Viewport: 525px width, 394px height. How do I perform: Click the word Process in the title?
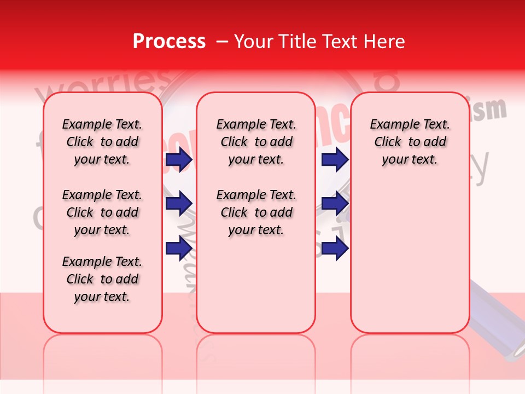click(x=169, y=42)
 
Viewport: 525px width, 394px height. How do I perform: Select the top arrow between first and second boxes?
click(x=179, y=160)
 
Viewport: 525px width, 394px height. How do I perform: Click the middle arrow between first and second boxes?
click(x=179, y=204)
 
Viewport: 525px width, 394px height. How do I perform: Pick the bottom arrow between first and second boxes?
click(x=179, y=248)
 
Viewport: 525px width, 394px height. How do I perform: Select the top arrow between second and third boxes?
click(x=335, y=160)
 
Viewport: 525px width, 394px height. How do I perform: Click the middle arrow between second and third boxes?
click(x=335, y=204)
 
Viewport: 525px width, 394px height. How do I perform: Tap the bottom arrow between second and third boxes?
click(x=335, y=248)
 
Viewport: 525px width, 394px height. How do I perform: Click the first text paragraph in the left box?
click(x=102, y=142)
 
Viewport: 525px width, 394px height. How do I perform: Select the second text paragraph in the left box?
click(x=102, y=212)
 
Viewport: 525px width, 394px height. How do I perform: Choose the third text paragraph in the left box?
click(x=102, y=279)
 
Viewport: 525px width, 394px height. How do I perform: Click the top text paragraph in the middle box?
click(x=256, y=142)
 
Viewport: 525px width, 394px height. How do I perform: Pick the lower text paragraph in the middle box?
click(x=256, y=212)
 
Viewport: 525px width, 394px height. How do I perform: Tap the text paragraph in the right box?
click(x=410, y=142)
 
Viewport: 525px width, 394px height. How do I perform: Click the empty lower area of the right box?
click(x=410, y=263)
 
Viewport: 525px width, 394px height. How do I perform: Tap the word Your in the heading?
click(x=254, y=42)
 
